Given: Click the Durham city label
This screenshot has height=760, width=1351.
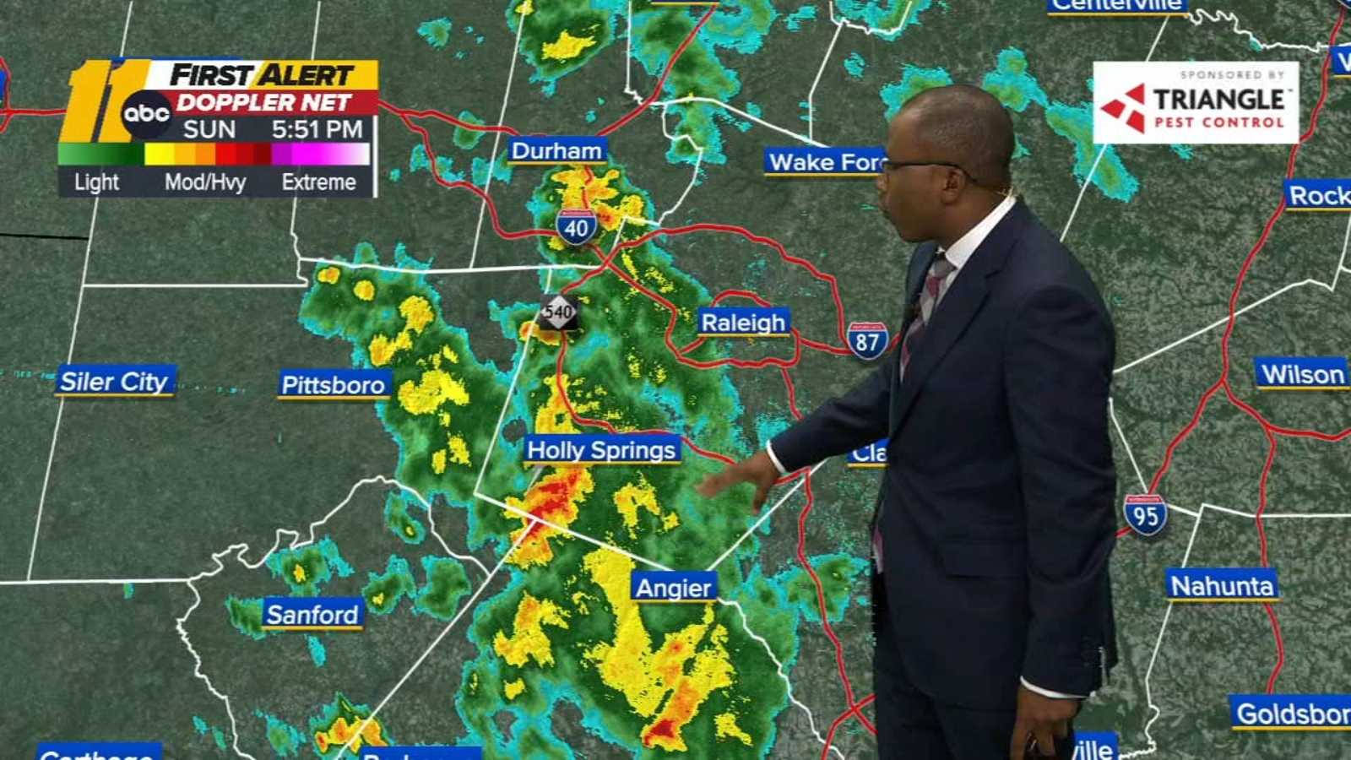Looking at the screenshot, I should coord(556,151).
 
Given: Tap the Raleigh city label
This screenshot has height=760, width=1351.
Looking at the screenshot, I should coord(743,323).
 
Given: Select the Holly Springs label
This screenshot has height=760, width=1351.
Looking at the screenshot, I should coord(601,450).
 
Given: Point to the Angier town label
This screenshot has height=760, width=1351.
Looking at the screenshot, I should coord(674,588).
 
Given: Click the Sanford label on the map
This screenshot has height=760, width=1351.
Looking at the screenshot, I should coord(312,615).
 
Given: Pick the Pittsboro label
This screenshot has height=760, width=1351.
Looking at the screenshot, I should coord(334,385).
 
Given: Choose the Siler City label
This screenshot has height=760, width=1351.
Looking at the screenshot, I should coord(114,382).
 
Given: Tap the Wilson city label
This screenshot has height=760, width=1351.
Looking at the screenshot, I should coord(1303,374).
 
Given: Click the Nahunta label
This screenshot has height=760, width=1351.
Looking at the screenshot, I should coord(1221,585).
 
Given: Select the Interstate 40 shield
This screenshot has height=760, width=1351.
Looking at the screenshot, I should coord(577,226).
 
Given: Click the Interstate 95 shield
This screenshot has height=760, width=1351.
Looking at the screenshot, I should coord(1145,515).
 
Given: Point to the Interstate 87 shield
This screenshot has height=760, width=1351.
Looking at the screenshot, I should coord(867,340).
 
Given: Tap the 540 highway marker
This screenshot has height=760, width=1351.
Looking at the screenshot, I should coord(558,312).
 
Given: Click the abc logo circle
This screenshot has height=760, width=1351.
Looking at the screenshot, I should coord(147,112).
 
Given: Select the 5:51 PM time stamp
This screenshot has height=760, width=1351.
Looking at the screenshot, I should coord(317,129).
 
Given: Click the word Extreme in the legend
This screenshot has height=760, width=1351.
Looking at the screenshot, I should coord(318,182).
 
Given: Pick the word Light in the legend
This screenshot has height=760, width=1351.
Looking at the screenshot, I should coord(96,182).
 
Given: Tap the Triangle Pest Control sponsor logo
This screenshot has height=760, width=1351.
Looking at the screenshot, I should coord(1195,102).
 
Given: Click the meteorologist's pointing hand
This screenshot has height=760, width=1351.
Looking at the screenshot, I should coord(743,481).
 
